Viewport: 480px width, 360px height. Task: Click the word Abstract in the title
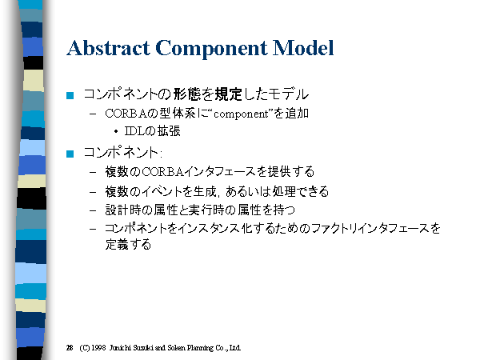[108, 48]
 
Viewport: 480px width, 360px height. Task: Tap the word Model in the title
[303, 48]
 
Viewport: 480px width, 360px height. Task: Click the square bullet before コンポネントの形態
[70, 95]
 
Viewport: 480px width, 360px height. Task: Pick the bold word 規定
[228, 94]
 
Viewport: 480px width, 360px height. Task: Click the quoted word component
[241, 114]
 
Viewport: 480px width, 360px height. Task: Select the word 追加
[297, 114]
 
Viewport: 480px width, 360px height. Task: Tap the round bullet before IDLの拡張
[116, 132]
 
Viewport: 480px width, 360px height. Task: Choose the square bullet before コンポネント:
[70, 154]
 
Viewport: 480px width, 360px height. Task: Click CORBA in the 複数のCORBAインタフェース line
[163, 172]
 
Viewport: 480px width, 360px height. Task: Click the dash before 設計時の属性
[93, 210]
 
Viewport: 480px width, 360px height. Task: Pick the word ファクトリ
[334, 229]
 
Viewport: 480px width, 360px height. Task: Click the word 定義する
[128, 245]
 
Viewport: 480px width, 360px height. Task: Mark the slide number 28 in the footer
[70, 348]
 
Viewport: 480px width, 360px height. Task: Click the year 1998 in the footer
[98, 348]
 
